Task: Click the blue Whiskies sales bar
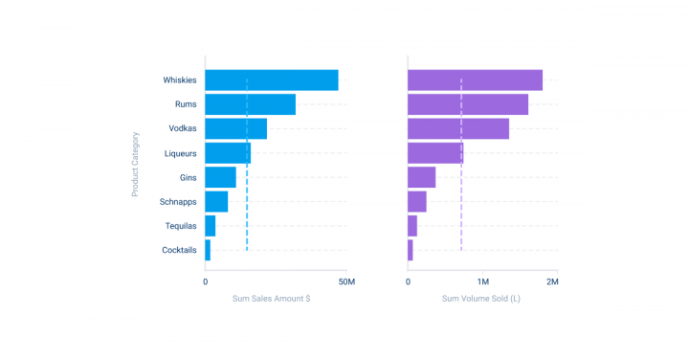[x=271, y=80]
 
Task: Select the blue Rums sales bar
[x=250, y=104]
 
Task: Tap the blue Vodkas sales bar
[x=235, y=128]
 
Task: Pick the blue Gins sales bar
[x=220, y=177]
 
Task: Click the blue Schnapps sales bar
[x=216, y=201]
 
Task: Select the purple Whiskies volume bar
[x=475, y=80]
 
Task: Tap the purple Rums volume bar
[x=468, y=104]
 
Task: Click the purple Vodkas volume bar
[x=458, y=128]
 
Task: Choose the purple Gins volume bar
[x=421, y=177]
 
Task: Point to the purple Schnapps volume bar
[x=417, y=201]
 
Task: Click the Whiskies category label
[x=179, y=80]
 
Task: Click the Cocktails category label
[x=179, y=250]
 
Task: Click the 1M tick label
[x=483, y=282]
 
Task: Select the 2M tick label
[x=551, y=282]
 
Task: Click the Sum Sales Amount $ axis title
[x=271, y=299]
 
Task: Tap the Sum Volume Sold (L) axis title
[x=480, y=299]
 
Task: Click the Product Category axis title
[x=135, y=165]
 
